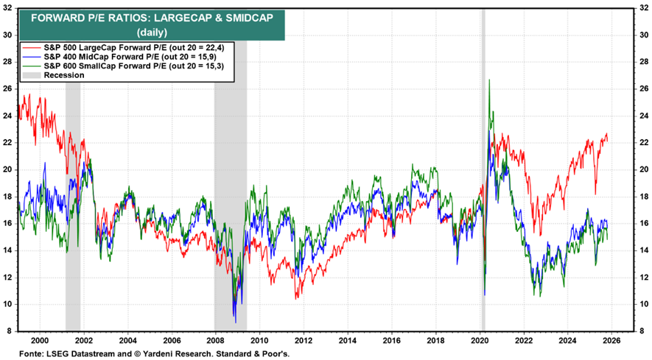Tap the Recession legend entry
click(x=64, y=75)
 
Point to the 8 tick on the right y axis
click(x=643, y=331)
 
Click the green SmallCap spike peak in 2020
click(x=489, y=80)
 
